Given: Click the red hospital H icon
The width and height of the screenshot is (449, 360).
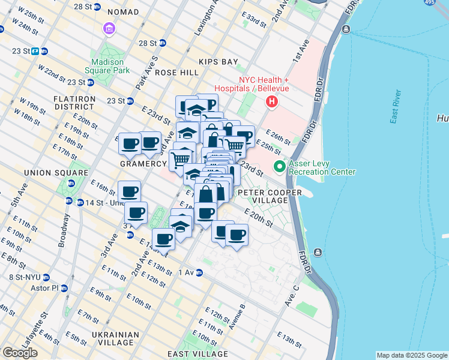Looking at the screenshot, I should pos(272,102).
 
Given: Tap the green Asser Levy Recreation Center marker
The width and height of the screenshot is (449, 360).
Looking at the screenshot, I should pos(279,166).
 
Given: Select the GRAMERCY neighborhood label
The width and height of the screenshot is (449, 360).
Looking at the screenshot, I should pos(142,164).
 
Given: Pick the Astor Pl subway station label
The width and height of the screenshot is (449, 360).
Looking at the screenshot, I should pos(44,288).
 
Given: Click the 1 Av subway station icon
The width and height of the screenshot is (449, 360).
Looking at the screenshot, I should pos(199,272).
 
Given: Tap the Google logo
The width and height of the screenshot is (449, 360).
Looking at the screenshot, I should pos(20,352).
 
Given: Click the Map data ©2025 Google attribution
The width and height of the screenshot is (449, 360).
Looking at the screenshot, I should pos(412,355).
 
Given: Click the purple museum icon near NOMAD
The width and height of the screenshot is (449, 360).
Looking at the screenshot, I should pos(109,28).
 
